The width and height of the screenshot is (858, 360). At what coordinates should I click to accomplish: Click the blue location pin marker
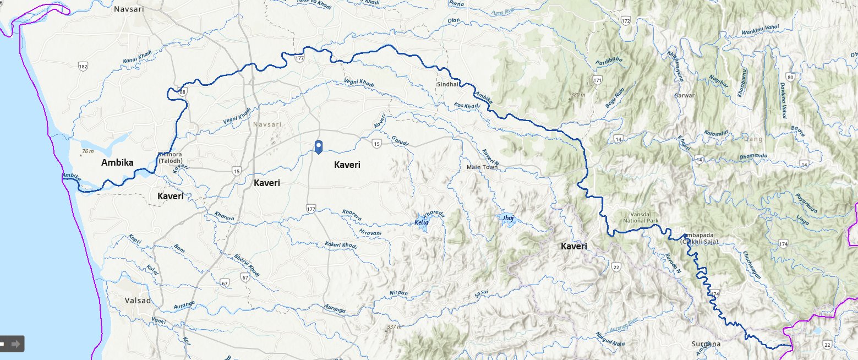click(318, 146)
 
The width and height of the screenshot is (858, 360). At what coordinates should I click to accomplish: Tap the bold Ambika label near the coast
click(117, 162)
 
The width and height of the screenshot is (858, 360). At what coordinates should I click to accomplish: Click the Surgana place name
click(706, 344)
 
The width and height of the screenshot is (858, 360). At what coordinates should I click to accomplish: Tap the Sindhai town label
click(447, 85)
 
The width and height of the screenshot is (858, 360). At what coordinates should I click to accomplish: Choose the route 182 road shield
click(83, 67)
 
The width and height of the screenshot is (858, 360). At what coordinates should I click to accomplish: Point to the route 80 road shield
click(791, 77)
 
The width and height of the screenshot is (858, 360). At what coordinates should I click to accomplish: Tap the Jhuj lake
click(507, 219)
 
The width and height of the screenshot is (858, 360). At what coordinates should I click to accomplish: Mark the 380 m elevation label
click(577, 95)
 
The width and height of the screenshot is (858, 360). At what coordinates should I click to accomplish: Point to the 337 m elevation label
click(394, 327)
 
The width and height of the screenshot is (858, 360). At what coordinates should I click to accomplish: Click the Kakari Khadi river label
click(341, 244)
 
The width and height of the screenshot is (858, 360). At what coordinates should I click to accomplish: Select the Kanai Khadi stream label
click(137, 56)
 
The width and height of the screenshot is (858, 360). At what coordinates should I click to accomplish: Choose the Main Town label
click(482, 167)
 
